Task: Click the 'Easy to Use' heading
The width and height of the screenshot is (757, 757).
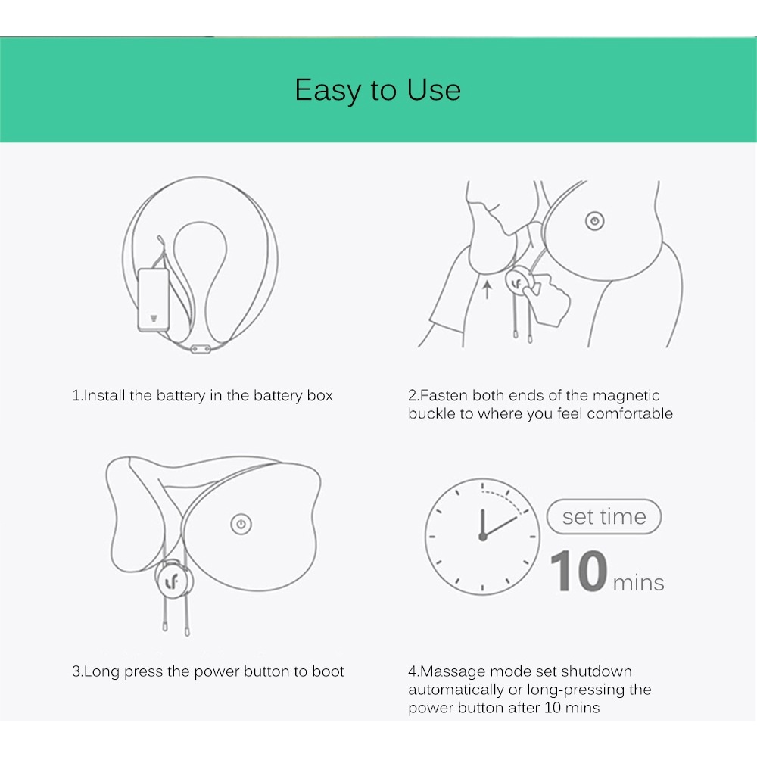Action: (x=378, y=90)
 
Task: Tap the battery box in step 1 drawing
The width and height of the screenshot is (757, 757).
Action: (x=152, y=299)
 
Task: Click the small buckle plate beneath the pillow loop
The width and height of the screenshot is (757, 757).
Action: (x=201, y=348)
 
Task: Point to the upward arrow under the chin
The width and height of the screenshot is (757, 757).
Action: (x=487, y=288)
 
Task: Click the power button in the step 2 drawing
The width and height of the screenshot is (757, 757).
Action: (x=594, y=221)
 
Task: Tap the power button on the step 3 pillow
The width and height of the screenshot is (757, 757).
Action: (x=241, y=524)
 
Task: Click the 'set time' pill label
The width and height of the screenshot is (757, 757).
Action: (x=604, y=517)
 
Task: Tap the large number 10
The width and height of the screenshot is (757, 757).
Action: (x=578, y=571)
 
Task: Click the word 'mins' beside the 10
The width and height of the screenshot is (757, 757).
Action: (x=638, y=583)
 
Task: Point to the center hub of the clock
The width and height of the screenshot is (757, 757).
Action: (x=482, y=536)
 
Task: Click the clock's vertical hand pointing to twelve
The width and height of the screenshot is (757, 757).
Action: (x=482, y=521)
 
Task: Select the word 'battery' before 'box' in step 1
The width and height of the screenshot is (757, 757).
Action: (x=279, y=395)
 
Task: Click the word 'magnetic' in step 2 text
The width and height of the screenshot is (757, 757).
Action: (x=626, y=395)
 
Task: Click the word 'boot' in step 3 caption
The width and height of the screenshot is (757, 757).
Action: (x=328, y=671)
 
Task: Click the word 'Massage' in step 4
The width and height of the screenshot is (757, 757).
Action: (x=451, y=671)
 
